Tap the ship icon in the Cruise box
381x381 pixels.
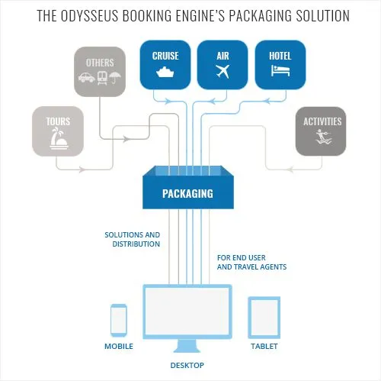pos(166,73)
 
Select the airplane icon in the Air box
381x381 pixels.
pos(223,73)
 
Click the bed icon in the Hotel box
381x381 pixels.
pos(280,73)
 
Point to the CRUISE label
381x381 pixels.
pos(166,56)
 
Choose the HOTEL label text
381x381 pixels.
pos(280,56)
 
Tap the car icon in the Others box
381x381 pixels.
pos(85,77)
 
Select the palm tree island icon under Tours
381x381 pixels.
pos(58,140)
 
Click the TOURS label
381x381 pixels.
pos(58,121)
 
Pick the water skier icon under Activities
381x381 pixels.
pos(322,139)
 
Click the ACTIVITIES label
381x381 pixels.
pos(322,121)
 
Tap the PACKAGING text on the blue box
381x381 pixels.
pos(187,194)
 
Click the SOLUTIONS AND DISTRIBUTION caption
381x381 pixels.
pos(133,239)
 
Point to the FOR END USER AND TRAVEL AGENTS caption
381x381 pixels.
pos(251,263)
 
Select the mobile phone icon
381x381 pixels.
pos(119,320)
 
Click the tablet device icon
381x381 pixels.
pos(264,318)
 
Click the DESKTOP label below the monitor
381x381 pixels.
pos(187,366)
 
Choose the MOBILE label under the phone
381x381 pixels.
pos(119,346)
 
